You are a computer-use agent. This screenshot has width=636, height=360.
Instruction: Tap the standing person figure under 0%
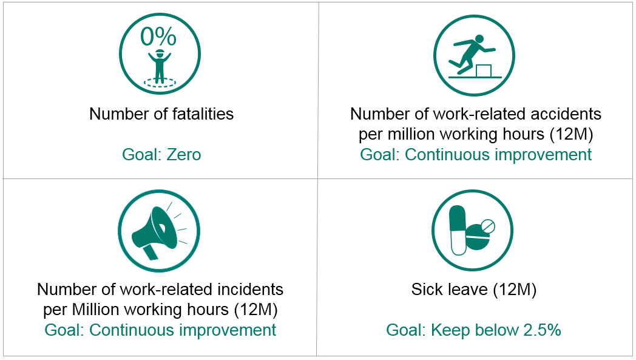coord(160,66)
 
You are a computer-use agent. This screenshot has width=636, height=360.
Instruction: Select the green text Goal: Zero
coord(161,155)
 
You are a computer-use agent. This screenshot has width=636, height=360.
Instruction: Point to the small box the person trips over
coord(484,70)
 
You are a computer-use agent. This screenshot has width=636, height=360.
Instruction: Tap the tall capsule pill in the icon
coord(458,231)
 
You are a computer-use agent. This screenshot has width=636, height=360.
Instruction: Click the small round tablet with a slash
coord(487,226)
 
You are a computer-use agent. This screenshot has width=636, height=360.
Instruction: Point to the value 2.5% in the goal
coord(542,330)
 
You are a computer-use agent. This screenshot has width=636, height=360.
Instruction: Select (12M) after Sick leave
coord(515,290)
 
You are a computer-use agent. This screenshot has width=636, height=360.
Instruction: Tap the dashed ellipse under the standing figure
coord(160,83)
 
